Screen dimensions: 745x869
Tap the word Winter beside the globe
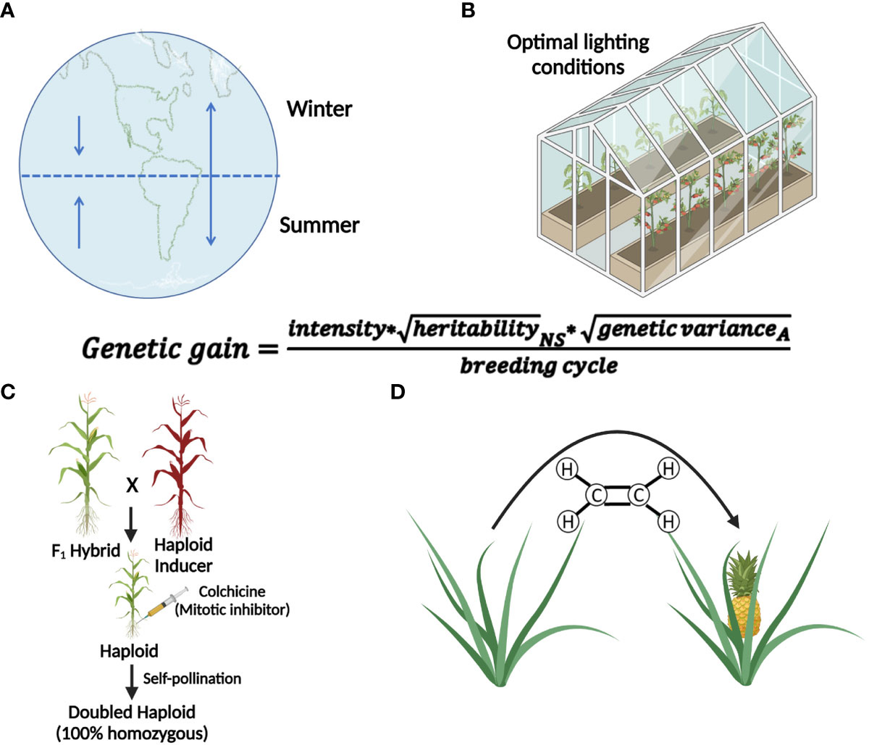[x=319, y=109]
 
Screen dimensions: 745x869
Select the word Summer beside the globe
[x=319, y=225]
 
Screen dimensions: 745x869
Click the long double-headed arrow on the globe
[x=210, y=173]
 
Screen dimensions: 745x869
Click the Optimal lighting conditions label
[x=577, y=54]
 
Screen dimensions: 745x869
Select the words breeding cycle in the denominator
[x=539, y=365]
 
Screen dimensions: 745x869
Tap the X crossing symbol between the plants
[x=132, y=487]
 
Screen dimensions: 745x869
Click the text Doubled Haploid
[x=132, y=712]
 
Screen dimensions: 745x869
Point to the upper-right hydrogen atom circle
[x=669, y=470]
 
